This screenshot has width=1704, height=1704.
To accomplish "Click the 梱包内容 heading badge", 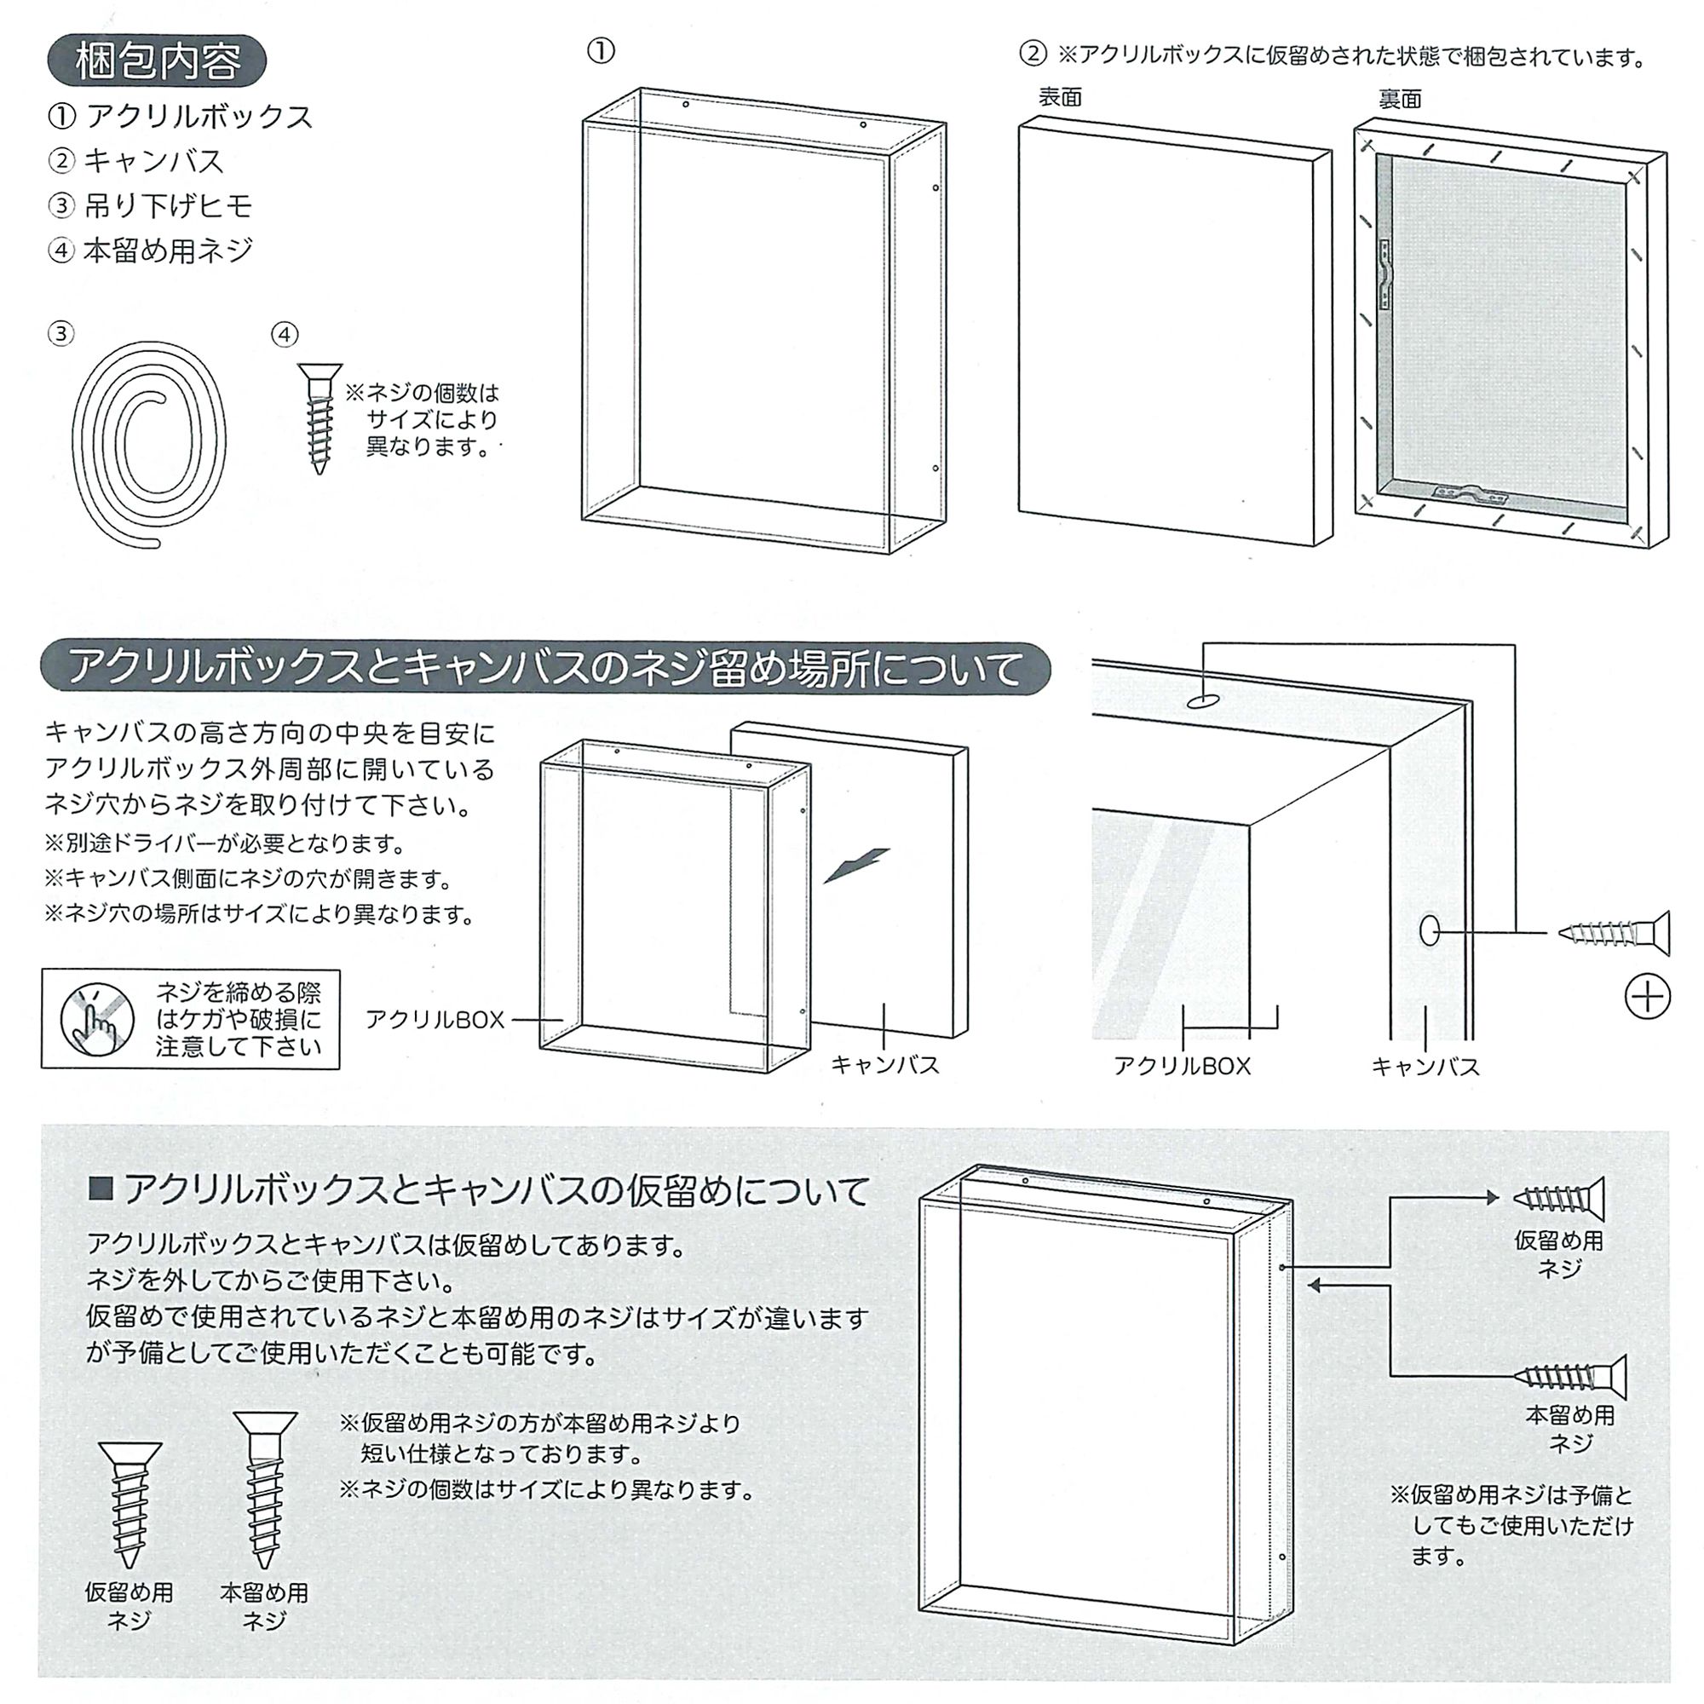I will point(157,60).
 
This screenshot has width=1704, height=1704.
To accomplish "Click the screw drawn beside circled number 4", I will point(319,419).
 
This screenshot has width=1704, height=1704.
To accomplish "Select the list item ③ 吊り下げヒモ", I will point(150,205).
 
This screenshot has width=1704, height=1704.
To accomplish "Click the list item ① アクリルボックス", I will point(181,117).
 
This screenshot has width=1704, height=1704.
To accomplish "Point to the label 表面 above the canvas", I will point(1059,97).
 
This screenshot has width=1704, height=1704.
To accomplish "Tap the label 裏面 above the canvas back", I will point(1400,99).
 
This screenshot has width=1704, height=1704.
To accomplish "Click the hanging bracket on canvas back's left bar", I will point(1386,274).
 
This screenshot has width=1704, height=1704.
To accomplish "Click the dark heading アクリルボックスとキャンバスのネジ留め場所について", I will point(545,668).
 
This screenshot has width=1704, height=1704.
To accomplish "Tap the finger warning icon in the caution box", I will point(97,1019).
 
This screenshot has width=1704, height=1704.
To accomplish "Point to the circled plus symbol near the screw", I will point(1647,998).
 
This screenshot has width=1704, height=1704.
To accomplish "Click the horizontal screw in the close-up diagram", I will point(1614,933).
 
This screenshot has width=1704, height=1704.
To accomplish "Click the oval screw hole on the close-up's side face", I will point(1429,931).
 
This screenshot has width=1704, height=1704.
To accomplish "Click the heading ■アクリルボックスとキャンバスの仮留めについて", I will point(480,1191).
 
